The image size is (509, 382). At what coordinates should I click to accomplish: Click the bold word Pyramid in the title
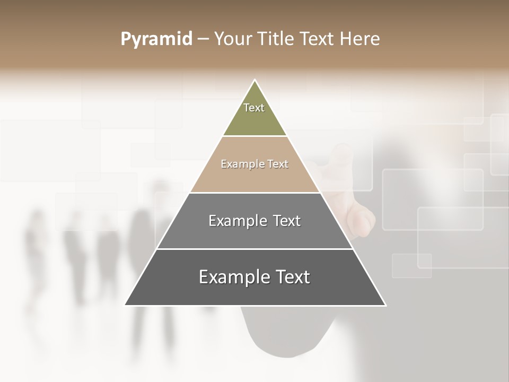(x=156, y=39)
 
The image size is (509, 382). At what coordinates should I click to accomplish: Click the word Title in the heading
(x=276, y=39)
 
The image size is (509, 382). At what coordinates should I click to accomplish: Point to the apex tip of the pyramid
(x=255, y=81)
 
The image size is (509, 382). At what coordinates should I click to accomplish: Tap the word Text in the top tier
(x=254, y=108)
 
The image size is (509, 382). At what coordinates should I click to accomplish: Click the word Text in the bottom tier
(x=292, y=277)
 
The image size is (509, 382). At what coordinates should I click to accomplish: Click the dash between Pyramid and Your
(x=203, y=39)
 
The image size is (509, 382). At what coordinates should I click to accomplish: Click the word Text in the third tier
(x=287, y=221)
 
